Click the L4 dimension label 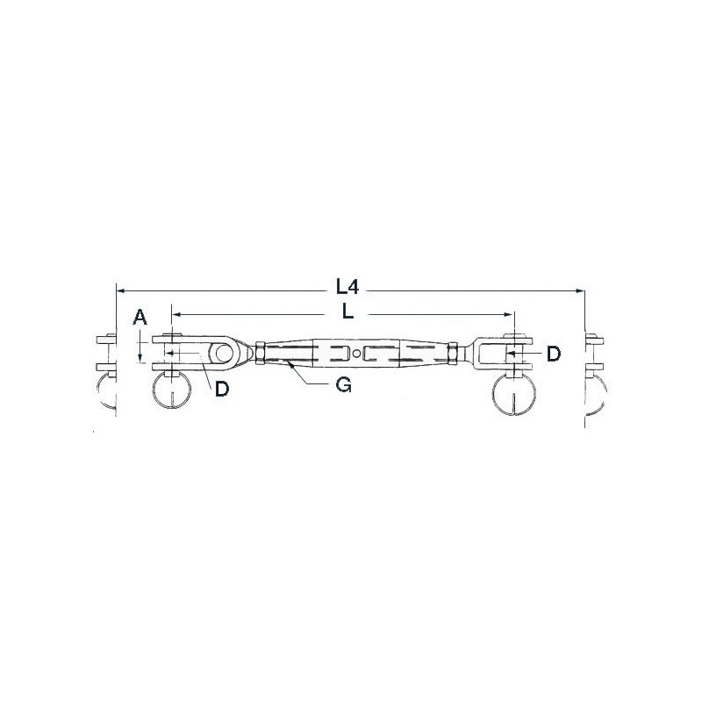point(347,287)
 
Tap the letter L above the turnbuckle point(347,312)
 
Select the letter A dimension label point(140,317)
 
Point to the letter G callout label point(343,384)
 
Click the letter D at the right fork point(554,354)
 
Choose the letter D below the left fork point(222,389)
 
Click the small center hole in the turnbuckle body point(356,354)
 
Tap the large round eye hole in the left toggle point(224,353)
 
